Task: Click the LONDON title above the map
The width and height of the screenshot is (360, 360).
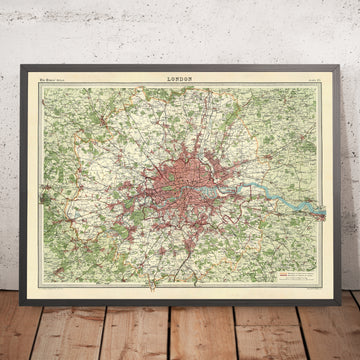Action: click(179, 76)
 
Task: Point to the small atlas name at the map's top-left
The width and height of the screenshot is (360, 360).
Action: click(46, 77)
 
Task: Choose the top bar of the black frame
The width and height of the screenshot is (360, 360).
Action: click(180, 63)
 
